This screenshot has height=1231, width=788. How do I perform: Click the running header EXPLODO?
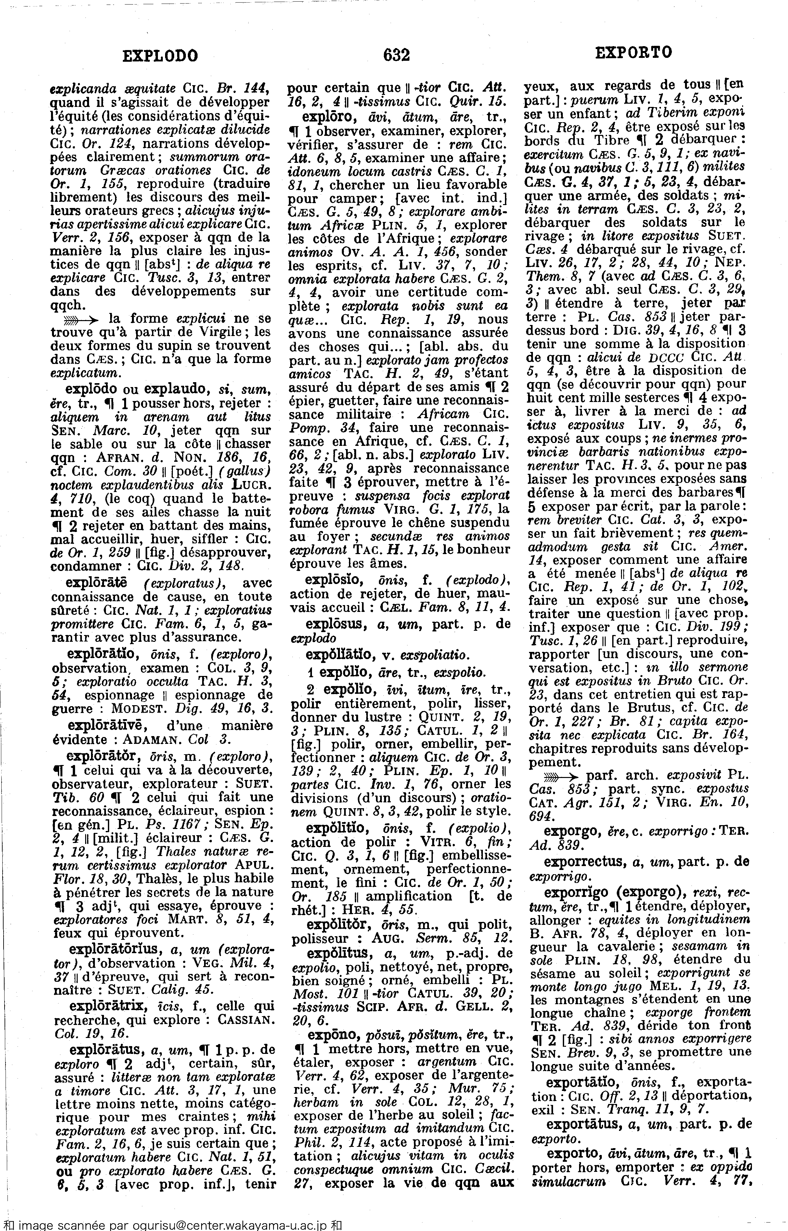point(160,55)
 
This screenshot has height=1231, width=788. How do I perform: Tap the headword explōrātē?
point(97,583)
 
